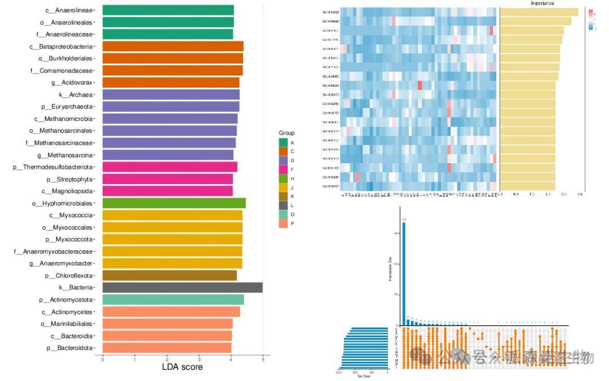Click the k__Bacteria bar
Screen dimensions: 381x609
click(x=182, y=288)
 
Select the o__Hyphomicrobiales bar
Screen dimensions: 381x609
click(x=174, y=203)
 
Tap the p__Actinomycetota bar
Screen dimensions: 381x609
click(x=173, y=299)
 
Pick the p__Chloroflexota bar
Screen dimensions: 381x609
click(x=170, y=276)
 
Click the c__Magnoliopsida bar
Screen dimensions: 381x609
click(x=167, y=191)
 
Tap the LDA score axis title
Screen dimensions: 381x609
click(x=182, y=367)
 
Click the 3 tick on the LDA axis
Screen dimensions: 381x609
click(x=199, y=358)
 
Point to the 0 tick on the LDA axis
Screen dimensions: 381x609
click(x=103, y=358)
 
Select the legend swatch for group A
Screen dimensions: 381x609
click(x=283, y=142)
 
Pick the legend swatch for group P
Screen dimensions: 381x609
click(x=283, y=223)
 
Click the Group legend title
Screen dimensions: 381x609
click(x=286, y=133)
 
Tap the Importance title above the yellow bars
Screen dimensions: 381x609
click(x=542, y=3)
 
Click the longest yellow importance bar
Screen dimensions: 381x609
click(x=539, y=12)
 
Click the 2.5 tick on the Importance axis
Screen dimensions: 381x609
click(x=580, y=194)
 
